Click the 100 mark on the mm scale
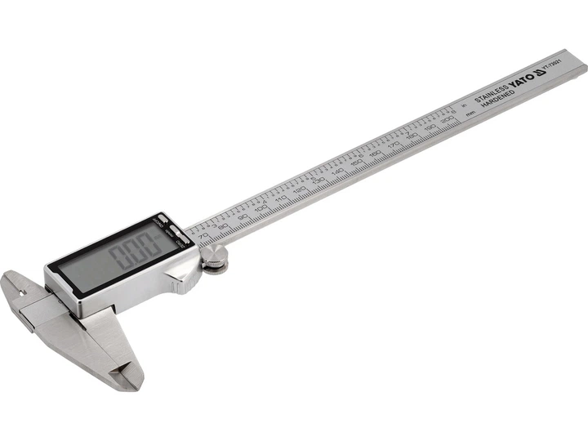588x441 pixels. [x=261, y=209]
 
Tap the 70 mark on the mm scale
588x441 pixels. [x=204, y=235]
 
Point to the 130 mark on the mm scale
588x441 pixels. [x=319, y=183]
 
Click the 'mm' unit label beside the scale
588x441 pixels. [x=470, y=115]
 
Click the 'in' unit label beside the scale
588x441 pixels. [x=463, y=104]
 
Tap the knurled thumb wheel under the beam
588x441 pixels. [x=215, y=263]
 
